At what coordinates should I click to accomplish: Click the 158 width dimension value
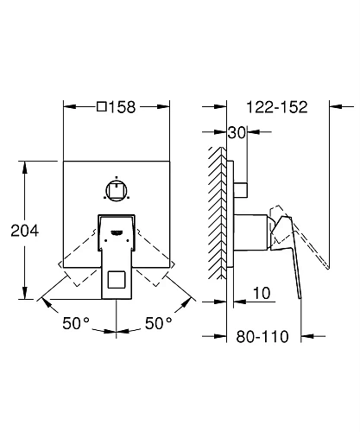click(x=123, y=107)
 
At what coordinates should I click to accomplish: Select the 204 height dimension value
click(x=25, y=231)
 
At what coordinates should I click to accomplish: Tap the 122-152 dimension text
click(x=277, y=107)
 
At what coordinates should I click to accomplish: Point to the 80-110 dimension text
click(x=262, y=336)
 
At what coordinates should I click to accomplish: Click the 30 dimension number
click(x=237, y=133)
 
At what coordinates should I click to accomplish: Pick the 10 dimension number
click(x=262, y=293)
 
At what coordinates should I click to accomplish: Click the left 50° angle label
click(x=76, y=323)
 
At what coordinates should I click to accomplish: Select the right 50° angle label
click(x=158, y=323)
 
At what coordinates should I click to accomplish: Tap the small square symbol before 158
click(x=102, y=107)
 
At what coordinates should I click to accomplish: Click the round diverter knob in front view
click(x=117, y=191)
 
